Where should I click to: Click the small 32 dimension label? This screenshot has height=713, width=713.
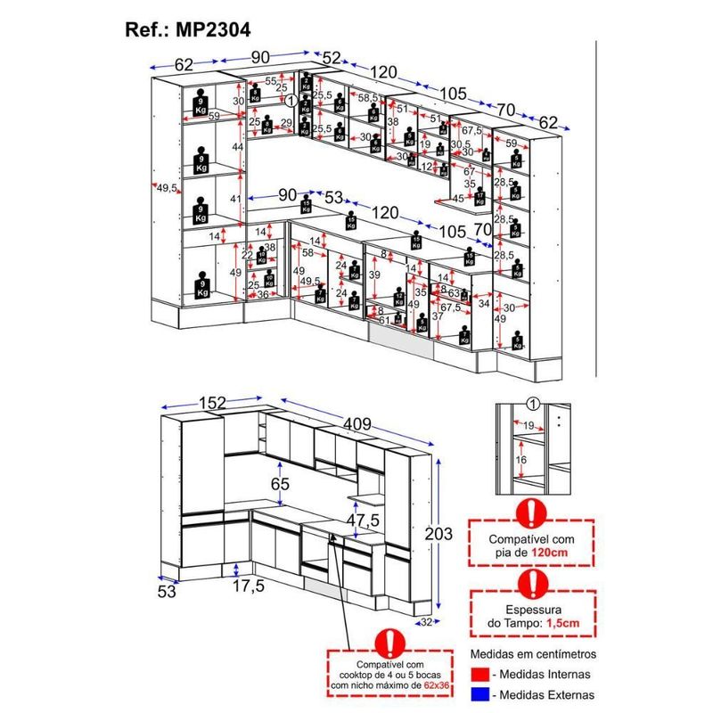pyautogui.click(x=427, y=622)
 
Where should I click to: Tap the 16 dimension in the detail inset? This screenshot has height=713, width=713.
pyautogui.click(x=521, y=459)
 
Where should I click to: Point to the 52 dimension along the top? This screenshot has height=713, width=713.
pyautogui.click(x=332, y=58)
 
